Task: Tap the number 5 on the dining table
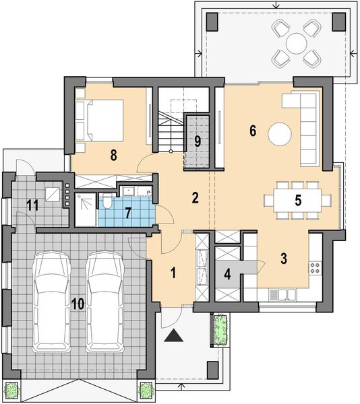tap(297, 199)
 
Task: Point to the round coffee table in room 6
tap(280, 133)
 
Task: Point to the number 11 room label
tap(30, 204)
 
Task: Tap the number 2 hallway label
tap(195, 198)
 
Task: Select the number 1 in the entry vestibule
tap(173, 273)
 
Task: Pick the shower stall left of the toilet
tap(86, 209)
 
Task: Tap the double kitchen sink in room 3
tap(282, 294)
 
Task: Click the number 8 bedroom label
tap(115, 154)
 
